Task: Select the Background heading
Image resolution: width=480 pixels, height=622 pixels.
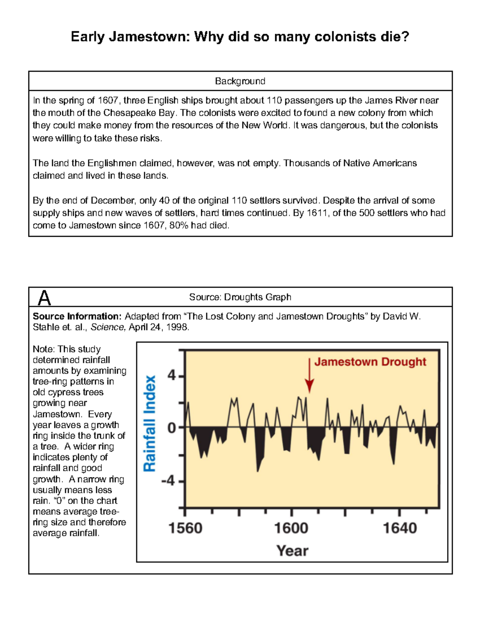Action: [240, 81]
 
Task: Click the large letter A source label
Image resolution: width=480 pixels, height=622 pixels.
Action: [44, 298]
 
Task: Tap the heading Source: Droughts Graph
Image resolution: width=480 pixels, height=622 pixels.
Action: [240, 297]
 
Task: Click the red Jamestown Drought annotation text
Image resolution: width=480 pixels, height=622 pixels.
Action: [370, 362]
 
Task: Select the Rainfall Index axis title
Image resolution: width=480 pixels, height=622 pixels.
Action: [150, 423]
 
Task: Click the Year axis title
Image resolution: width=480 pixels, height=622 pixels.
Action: [292, 551]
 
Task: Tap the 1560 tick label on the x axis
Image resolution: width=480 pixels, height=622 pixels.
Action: [185, 528]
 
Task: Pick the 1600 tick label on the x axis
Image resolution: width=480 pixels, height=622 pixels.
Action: [291, 528]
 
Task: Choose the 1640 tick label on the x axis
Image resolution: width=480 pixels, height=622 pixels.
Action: [400, 528]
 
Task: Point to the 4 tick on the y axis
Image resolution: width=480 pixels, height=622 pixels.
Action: [172, 376]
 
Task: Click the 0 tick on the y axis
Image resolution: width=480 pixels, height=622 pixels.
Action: [172, 428]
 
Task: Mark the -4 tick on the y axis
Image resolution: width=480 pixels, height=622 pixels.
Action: [168, 481]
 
